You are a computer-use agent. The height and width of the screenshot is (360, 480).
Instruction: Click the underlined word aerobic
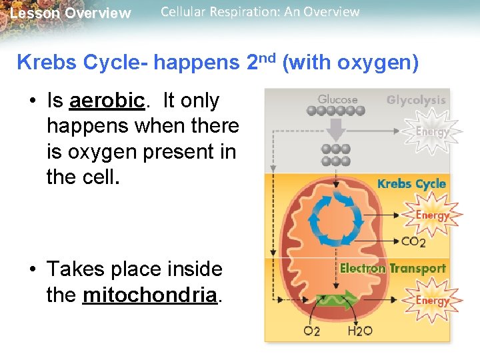[x=107, y=101]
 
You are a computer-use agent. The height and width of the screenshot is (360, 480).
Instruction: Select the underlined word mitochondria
[x=151, y=295]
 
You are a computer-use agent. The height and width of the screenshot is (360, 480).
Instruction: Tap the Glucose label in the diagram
[x=337, y=99]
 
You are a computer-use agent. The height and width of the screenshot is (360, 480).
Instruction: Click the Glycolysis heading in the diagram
[x=416, y=100]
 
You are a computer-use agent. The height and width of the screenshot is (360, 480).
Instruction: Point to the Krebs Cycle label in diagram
[x=411, y=183]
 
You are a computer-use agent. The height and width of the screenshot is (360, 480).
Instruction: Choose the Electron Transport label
[x=393, y=269]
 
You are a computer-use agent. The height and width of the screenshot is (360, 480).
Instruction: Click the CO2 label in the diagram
[x=413, y=241]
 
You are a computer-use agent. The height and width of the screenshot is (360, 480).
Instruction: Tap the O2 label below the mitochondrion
[x=311, y=331]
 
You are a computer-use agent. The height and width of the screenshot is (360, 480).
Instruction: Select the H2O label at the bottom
[x=360, y=331]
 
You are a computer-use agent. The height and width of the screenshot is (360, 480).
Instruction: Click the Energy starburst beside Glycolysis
[x=432, y=132]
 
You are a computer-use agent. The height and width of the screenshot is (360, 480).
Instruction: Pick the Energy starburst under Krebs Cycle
[x=432, y=215]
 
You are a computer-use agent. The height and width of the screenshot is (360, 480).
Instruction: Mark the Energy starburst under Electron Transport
[x=432, y=301]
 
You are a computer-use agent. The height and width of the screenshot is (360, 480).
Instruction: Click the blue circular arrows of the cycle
[x=337, y=218]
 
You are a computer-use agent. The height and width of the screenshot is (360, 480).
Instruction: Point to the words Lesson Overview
[x=71, y=13]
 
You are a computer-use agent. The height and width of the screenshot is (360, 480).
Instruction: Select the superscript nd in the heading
[x=268, y=58]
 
